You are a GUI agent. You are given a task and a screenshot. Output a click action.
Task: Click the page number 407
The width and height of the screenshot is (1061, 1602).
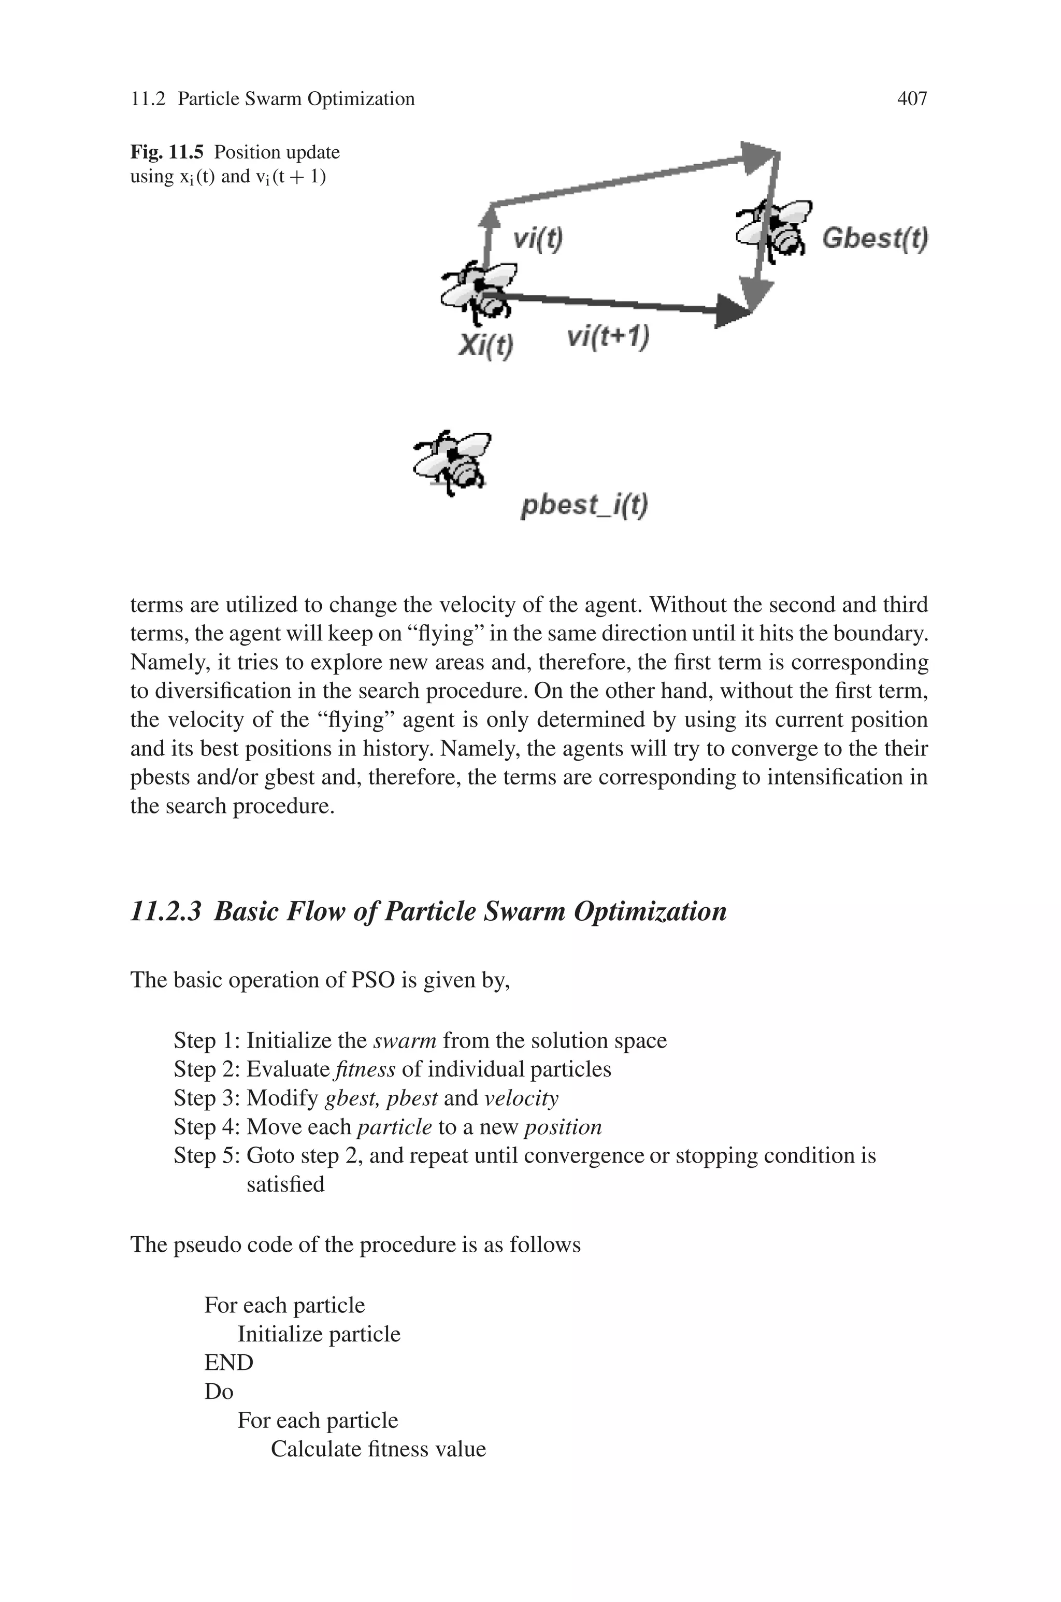(x=911, y=99)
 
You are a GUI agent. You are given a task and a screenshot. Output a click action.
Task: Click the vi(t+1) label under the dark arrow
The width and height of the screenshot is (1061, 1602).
(x=608, y=336)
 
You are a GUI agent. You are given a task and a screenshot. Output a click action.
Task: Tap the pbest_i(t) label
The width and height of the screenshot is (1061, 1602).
(x=584, y=505)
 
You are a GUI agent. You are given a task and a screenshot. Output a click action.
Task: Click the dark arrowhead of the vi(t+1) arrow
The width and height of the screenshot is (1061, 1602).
(x=734, y=312)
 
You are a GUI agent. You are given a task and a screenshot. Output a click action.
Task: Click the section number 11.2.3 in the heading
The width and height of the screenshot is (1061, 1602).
(x=166, y=911)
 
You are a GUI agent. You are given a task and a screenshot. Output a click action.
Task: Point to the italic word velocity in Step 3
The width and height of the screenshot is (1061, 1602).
(x=521, y=1098)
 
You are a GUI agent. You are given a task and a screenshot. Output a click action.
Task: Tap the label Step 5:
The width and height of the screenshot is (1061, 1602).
(x=206, y=1155)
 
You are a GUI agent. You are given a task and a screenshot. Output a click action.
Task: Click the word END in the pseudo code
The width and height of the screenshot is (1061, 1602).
(x=228, y=1363)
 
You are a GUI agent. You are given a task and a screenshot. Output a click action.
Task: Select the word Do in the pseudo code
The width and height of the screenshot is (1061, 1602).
(x=219, y=1392)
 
